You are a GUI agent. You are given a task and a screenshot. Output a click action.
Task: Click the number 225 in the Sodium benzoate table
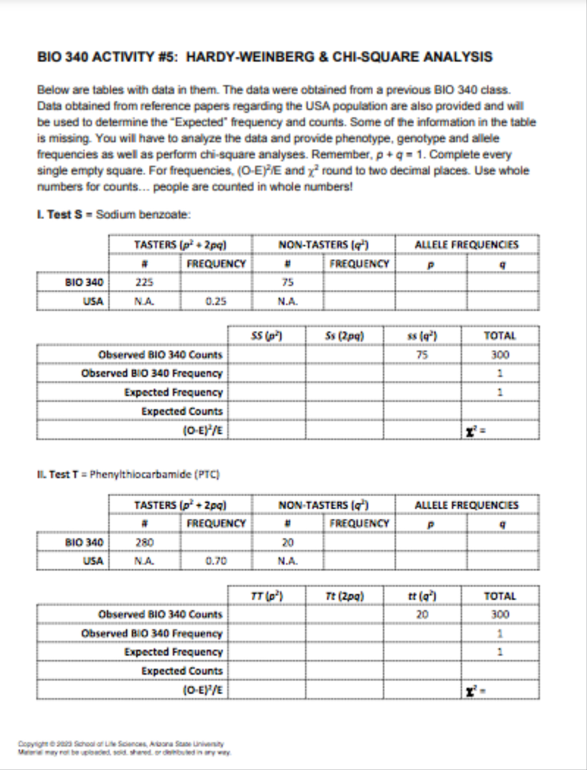coord(144,282)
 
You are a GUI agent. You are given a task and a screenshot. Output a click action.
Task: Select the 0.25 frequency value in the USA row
coord(216,301)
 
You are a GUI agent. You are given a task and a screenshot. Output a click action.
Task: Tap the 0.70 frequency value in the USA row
coord(216,561)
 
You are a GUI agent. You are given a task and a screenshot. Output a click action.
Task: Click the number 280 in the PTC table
coord(144,542)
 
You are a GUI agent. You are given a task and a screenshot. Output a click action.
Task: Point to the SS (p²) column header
coord(266,336)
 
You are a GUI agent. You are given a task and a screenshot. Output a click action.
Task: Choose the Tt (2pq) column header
coord(344,596)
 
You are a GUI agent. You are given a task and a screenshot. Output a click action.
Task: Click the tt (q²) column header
coord(422,596)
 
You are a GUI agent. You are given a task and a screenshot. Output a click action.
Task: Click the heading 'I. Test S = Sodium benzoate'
coord(114,215)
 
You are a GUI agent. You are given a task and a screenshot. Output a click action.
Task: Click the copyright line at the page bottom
coord(121,744)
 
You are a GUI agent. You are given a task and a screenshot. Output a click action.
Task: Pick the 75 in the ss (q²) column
coord(422,355)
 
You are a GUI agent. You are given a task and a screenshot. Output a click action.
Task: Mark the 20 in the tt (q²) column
coord(422,614)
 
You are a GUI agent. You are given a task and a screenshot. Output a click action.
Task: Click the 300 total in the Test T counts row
coord(500,614)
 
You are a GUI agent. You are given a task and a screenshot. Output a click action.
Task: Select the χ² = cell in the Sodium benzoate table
coord(476,431)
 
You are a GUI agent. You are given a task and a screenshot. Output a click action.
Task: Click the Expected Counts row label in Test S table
coord(182,411)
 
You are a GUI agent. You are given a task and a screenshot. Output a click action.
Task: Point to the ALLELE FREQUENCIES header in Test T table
coord(466,505)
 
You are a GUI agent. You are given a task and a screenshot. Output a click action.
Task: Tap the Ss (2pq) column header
coord(344,336)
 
